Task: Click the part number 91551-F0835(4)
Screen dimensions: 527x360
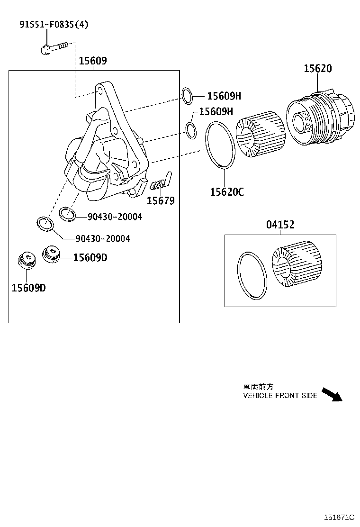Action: pos(54,24)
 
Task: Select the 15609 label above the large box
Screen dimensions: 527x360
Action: pos(92,61)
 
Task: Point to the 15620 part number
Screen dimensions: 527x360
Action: pos(317,69)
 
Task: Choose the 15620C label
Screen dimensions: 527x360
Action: pos(227,191)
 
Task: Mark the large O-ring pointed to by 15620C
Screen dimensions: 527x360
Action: pos(220,145)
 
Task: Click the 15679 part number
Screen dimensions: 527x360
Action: pos(160,201)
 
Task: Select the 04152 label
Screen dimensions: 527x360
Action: pos(279,225)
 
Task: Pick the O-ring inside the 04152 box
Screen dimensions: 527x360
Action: pos(252,276)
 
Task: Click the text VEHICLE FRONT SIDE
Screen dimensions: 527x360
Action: pos(280,396)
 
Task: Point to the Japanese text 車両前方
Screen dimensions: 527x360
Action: pos(258,387)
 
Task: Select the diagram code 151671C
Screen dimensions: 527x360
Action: pos(339,518)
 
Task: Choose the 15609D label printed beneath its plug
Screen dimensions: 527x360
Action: pos(28,287)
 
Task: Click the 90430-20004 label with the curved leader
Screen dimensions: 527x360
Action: pos(102,238)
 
